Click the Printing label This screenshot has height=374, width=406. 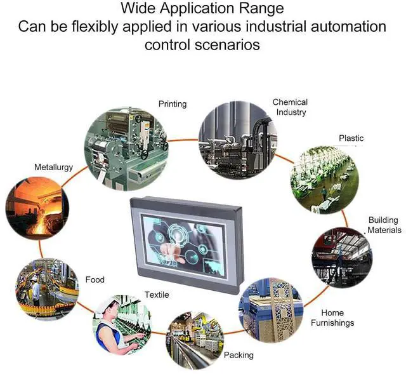(x=173, y=104)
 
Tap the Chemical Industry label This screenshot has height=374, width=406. (x=290, y=107)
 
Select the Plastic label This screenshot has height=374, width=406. (x=351, y=138)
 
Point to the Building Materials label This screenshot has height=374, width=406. (x=384, y=225)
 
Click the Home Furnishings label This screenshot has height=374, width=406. (x=332, y=317)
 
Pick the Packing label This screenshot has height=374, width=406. (x=239, y=355)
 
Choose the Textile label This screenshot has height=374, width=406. (x=157, y=295)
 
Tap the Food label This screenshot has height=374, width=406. (x=95, y=279)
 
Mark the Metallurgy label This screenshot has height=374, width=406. (x=53, y=167)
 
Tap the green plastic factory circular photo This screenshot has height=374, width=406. (x=324, y=180)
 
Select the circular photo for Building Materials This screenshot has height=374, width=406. (x=342, y=257)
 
